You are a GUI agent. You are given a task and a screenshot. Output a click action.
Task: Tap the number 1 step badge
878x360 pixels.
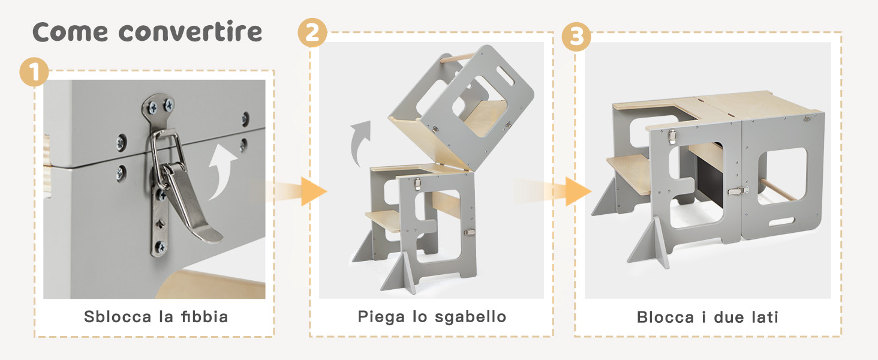click(x=34, y=73)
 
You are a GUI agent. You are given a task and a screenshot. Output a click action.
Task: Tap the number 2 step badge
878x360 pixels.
click(x=312, y=32)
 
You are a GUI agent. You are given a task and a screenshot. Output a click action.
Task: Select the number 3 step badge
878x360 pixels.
click(x=576, y=37)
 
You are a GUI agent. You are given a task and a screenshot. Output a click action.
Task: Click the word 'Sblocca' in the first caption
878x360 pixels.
click(x=118, y=317)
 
